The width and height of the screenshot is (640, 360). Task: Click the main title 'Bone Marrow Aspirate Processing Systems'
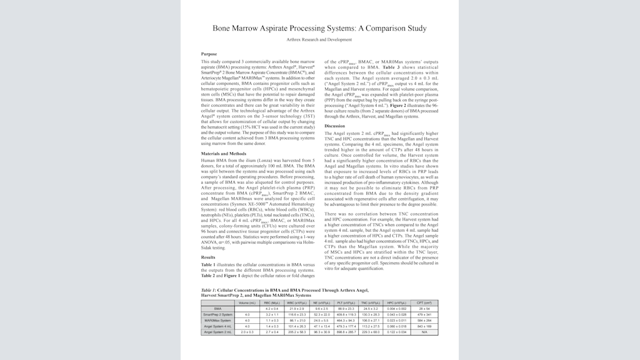[319, 28]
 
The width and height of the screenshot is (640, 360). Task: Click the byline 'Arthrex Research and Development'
[319, 39]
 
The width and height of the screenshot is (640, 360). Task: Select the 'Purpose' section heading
[209, 54]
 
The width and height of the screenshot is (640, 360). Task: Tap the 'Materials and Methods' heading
[224, 154]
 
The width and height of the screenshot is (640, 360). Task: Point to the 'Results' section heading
[209, 257]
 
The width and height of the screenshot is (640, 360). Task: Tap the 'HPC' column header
[397, 302]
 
